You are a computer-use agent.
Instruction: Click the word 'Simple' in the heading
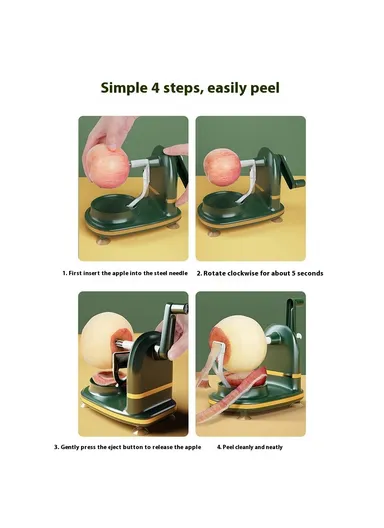[124, 87]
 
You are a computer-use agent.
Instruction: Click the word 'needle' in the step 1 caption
[173, 273]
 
